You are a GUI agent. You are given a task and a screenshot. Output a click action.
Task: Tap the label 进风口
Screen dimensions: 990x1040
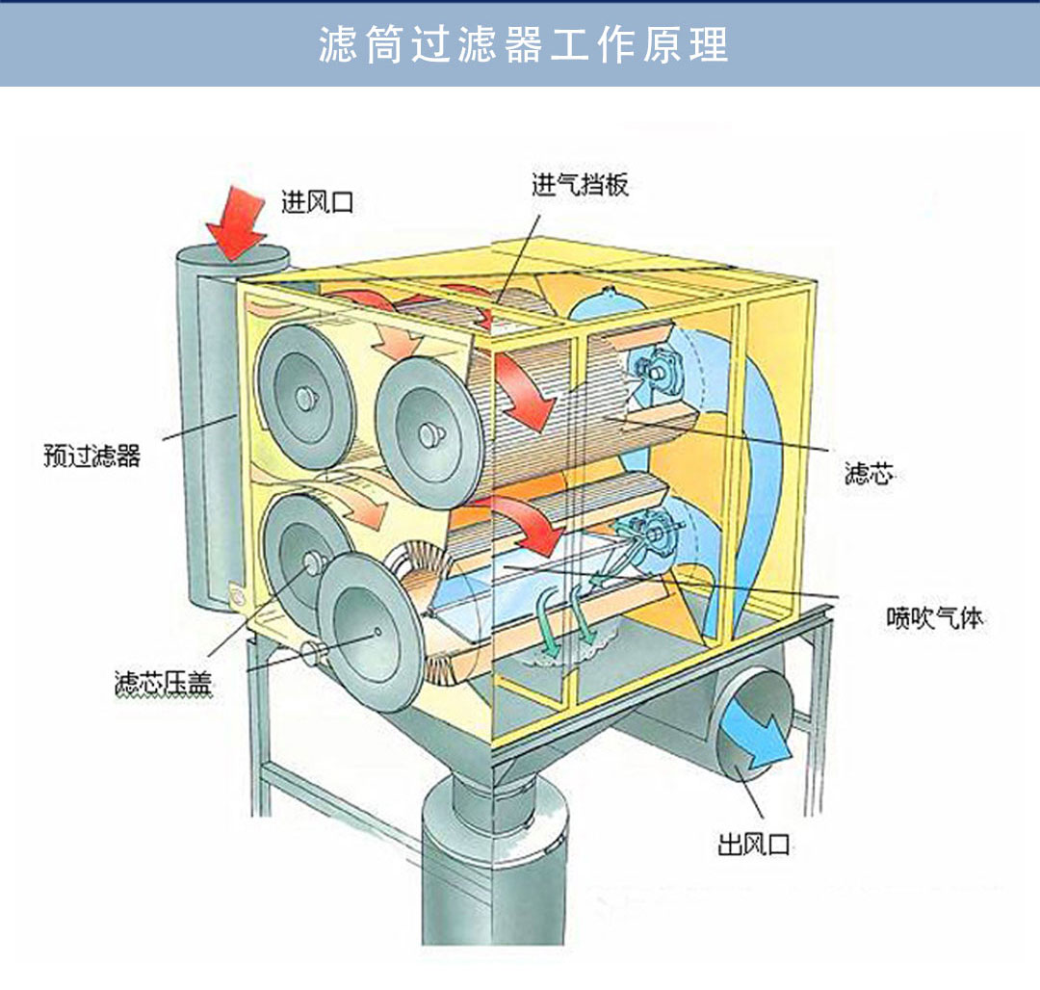pyautogui.click(x=317, y=202)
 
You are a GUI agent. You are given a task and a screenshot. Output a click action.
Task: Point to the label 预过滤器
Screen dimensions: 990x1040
pyautogui.click(x=91, y=455)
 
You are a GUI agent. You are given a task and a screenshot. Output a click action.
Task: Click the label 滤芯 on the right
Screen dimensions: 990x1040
pyautogui.click(x=868, y=474)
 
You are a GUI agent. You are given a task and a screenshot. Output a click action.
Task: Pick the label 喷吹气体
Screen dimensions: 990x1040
pyautogui.click(x=934, y=617)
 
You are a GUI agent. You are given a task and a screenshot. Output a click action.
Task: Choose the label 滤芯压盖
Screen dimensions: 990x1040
pyautogui.click(x=163, y=685)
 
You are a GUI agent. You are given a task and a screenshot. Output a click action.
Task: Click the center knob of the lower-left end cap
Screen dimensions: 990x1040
pyautogui.click(x=311, y=561)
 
